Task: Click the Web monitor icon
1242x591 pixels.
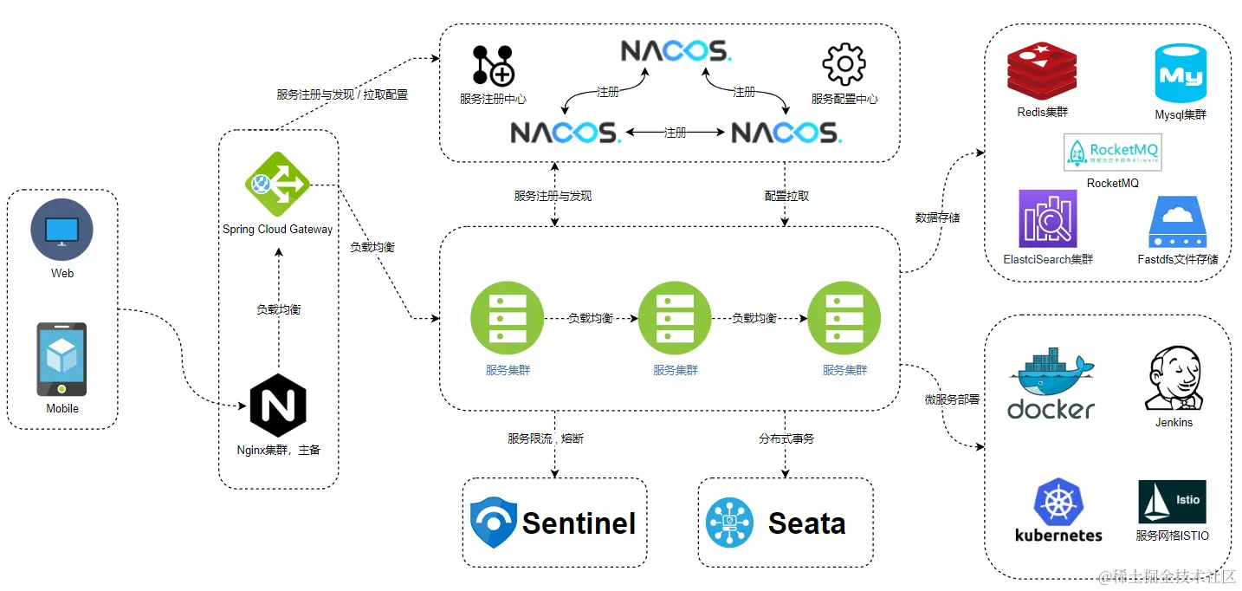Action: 61,230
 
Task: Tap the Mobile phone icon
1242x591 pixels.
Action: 61,359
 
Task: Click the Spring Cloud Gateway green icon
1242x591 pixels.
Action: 277,184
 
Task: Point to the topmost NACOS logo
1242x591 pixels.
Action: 676,51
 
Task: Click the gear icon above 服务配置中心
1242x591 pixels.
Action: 844,65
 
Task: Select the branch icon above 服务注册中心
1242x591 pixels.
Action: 493,66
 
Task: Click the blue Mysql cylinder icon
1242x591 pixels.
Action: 1180,75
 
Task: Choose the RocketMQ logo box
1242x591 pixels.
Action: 1112,153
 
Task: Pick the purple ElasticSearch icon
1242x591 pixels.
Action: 1047,219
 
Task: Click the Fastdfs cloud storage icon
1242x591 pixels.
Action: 1177,223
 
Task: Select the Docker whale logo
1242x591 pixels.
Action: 1051,383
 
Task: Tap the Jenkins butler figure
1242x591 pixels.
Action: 1174,380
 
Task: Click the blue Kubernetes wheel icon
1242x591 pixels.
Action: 1058,503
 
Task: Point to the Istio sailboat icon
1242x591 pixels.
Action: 1173,503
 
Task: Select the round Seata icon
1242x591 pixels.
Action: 729,523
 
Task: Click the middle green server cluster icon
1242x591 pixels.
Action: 675,318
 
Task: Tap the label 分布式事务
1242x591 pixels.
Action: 786,438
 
